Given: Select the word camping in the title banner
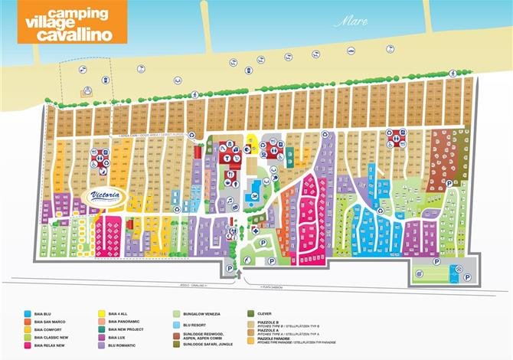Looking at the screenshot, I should coord(77,12).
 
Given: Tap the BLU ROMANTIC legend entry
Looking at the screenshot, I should coord(123,345).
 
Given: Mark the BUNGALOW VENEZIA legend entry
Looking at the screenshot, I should coord(204,313).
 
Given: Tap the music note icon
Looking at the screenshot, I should coord(228,200).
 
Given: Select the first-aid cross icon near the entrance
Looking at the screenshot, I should coord(255,231).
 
